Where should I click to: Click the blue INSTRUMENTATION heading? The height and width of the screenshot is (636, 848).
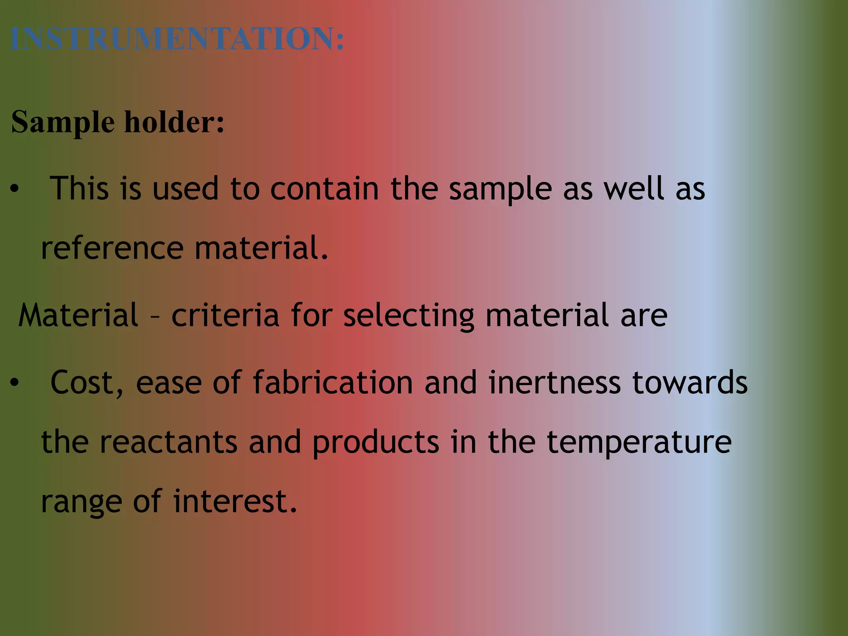tap(177, 39)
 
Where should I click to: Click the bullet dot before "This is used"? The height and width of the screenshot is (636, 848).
tap(15, 189)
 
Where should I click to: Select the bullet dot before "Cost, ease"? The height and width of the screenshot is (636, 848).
tap(15, 383)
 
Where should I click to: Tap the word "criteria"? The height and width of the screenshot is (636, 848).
tap(225, 316)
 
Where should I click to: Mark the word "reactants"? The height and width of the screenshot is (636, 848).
tap(169, 442)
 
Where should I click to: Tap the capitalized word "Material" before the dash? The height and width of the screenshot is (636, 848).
tap(78, 316)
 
